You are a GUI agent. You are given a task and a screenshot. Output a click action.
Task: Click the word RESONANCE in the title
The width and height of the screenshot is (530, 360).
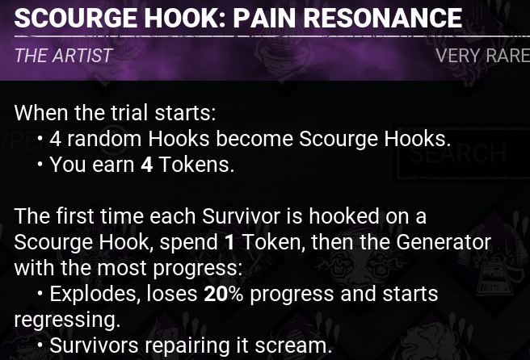coord(383,18)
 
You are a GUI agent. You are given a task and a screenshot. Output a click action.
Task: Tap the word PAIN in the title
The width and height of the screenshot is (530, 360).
coord(264,18)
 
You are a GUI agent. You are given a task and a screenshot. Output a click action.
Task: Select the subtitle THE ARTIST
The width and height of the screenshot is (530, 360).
coord(63,56)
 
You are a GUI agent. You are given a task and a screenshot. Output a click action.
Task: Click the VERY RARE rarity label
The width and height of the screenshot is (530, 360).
coord(482,56)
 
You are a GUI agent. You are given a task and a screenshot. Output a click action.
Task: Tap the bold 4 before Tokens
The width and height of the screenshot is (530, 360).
coord(147,165)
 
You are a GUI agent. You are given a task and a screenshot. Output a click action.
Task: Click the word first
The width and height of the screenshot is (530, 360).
coord(75,216)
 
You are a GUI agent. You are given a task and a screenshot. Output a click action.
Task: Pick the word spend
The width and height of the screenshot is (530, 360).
coord(188,243)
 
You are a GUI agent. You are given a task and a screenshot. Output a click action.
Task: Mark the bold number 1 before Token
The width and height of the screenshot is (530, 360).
coord(229,242)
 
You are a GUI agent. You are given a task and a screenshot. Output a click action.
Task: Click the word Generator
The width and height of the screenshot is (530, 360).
coord(444,242)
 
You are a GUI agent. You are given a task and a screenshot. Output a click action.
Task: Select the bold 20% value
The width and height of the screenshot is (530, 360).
coord(224,294)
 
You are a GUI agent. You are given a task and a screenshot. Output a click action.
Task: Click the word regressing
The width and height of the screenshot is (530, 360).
coord(67,320)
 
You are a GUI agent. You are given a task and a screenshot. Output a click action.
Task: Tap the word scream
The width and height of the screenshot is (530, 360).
coord(293,346)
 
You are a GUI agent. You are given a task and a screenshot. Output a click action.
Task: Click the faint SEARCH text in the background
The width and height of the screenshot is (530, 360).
coord(457,153)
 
